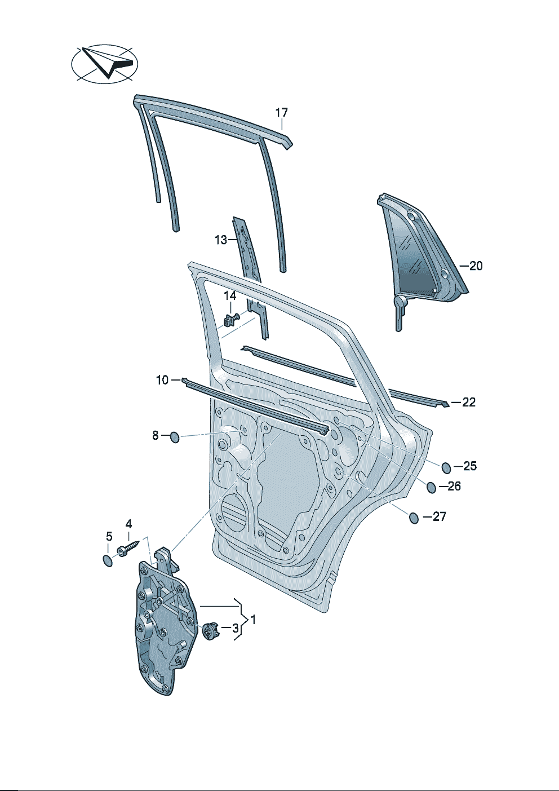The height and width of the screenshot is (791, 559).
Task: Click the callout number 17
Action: (x=281, y=113)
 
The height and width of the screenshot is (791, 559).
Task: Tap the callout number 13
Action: (x=221, y=240)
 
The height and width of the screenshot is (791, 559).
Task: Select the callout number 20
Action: (x=476, y=266)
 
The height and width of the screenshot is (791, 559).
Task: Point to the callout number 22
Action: (x=468, y=402)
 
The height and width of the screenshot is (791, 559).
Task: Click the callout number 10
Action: (x=162, y=381)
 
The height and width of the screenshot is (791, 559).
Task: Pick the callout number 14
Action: (x=230, y=295)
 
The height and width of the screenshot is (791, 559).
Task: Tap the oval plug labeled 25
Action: (x=446, y=467)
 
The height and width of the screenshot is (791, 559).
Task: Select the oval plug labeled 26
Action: (x=431, y=488)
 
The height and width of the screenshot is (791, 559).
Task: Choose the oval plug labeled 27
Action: (x=414, y=518)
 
